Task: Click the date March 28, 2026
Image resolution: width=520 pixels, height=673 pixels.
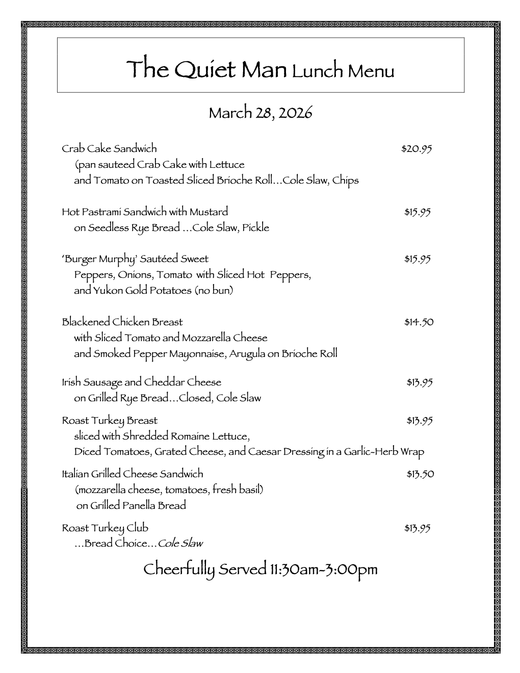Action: [260, 113]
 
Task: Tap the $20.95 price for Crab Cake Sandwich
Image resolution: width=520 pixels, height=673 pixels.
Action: [417, 149]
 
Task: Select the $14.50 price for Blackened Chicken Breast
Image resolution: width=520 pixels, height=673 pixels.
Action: [419, 322]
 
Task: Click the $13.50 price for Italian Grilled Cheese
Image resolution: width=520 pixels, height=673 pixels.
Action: [420, 474]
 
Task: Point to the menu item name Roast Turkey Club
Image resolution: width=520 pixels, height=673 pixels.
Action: [105, 528]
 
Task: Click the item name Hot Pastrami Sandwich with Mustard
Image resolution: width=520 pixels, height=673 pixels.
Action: [145, 212]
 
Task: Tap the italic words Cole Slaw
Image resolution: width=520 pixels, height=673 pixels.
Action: [180, 543]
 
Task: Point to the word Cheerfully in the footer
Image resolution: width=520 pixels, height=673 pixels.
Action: [178, 570]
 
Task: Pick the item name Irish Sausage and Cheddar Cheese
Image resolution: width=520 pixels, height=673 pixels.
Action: [141, 382]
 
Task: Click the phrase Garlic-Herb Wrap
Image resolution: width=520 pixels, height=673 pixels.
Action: [383, 452]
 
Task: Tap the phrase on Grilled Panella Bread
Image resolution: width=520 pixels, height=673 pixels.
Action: [131, 505]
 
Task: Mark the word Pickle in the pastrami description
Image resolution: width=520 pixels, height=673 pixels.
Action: [255, 228]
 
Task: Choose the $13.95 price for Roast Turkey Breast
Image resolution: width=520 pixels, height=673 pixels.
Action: [420, 421]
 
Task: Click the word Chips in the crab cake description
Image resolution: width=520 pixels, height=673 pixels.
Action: [346, 180]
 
